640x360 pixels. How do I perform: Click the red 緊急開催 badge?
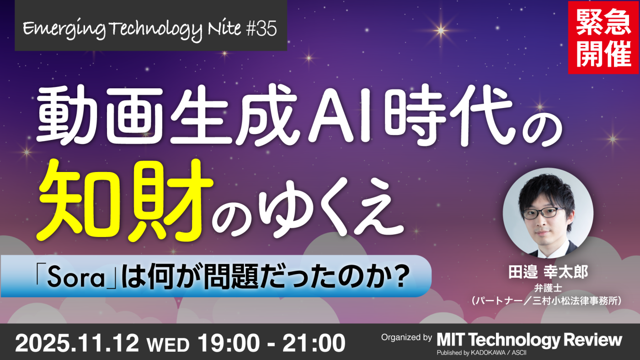click(603, 37)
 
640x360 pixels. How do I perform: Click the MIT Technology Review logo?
click(529, 340)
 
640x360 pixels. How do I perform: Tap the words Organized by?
click(406, 338)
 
